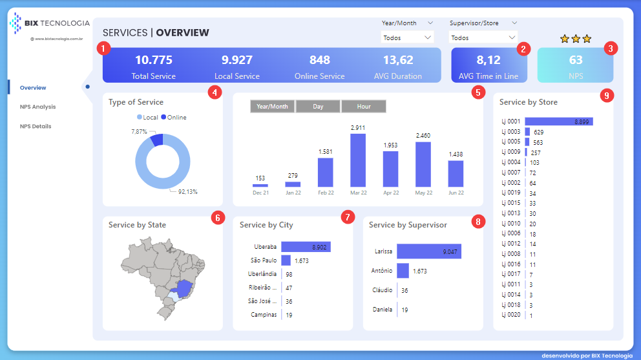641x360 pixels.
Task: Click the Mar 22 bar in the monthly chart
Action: (358, 160)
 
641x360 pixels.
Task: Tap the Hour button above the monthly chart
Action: (364, 106)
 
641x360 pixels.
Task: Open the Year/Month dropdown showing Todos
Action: (407, 37)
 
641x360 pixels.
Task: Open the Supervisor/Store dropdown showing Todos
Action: (483, 37)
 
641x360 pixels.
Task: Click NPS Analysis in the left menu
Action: (37, 107)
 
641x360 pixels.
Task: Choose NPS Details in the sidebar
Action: (36, 126)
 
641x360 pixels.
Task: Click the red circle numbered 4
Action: (215, 92)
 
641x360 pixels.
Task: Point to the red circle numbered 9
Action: (605, 96)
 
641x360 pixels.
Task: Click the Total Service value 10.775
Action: (153, 60)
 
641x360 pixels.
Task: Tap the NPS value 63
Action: (575, 60)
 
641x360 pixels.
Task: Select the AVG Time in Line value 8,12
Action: (489, 60)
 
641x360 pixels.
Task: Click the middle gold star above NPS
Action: (576, 39)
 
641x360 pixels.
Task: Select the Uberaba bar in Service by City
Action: (306, 246)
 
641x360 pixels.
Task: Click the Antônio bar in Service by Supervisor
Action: (403, 271)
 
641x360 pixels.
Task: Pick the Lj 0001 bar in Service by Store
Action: (558, 121)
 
